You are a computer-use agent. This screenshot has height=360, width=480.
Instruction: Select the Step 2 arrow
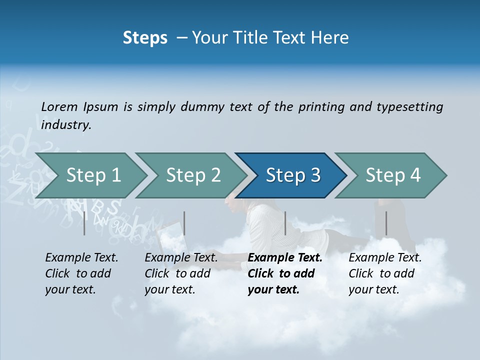click(193, 175)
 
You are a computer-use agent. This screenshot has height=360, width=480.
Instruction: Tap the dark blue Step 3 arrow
click(293, 175)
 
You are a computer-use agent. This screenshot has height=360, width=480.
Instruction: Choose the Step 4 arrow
click(393, 175)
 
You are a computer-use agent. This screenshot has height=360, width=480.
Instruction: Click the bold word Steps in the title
click(145, 37)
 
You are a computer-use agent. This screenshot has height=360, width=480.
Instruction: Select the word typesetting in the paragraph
click(409, 106)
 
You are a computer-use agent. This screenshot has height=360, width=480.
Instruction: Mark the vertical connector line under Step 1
click(84, 223)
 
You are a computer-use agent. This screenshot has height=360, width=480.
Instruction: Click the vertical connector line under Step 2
click(184, 223)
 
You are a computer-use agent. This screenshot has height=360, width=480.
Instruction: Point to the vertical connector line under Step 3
click(285, 223)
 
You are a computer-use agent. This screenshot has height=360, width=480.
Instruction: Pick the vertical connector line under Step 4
click(386, 223)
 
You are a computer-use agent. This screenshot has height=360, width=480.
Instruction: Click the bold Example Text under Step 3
click(285, 257)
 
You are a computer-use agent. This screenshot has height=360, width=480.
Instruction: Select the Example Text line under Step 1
click(81, 257)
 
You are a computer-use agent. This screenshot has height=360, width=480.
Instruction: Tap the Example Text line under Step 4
click(385, 257)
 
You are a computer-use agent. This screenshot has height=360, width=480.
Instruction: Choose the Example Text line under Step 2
click(181, 257)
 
